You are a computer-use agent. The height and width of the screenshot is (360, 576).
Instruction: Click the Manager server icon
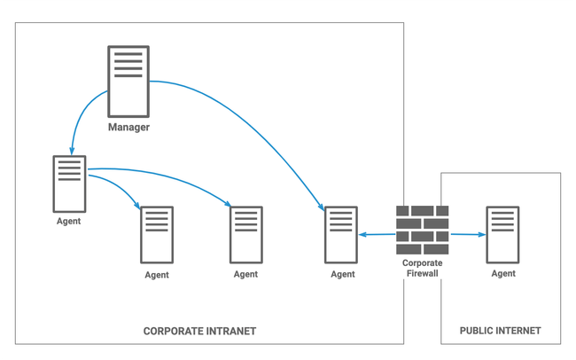tap(128, 81)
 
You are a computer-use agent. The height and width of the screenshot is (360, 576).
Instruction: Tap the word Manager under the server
tap(128, 128)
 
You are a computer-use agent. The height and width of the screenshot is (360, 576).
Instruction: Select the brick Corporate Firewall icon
tap(422, 230)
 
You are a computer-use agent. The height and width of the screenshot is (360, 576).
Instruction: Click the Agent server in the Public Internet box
tap(502, 234)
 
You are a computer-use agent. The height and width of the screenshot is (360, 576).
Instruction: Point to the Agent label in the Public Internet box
tap(502, 274)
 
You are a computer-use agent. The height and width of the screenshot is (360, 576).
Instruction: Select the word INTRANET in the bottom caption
tap(228, 331)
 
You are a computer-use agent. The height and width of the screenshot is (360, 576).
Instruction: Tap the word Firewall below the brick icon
tap(422, 274)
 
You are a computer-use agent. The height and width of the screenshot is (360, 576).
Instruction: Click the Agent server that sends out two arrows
tap(69, 183)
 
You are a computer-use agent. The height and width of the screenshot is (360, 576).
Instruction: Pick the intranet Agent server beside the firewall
tap(341, 234)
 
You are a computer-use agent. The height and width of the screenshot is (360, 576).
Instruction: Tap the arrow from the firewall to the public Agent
tap(467, 235)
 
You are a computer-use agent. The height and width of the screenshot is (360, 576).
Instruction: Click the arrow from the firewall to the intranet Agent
tap(377, 235)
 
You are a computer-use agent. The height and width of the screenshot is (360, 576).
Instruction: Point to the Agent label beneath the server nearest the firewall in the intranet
tap(342, 275)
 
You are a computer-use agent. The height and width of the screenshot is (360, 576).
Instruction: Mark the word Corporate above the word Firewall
tap(422, 263)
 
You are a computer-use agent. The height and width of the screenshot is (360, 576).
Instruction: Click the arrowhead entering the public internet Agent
tap(481, 235)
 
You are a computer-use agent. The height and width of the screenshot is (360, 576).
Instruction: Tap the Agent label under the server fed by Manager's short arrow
tap(68, 222)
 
